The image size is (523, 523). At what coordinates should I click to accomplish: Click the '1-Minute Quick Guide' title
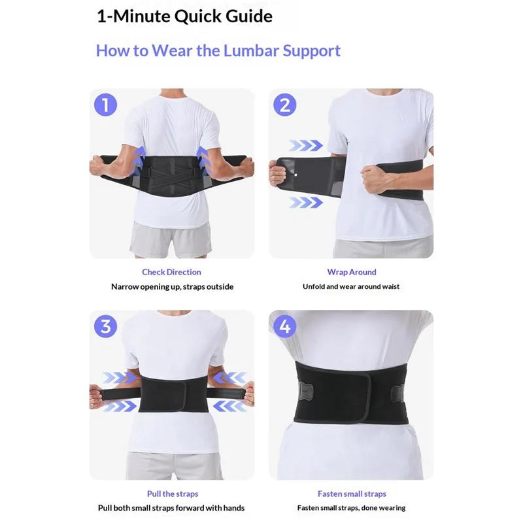pyautogui.click(x=184, y=16)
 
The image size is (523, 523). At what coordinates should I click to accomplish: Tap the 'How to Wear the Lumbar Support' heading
pyautogui.click(x=218, y=50)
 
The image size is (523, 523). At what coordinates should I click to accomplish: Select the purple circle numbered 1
pyautogui.click(x=106, y=105)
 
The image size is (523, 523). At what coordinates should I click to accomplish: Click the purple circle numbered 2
pyautogui.click(x=285, y=105)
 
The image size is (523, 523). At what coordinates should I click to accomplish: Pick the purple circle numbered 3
pyautogui.click(x=106, y=326)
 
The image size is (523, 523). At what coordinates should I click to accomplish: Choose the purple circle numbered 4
pyautogui.click(x=285, y=326)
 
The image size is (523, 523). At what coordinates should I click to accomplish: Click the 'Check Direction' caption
pyautogui.click(x=171, y=272)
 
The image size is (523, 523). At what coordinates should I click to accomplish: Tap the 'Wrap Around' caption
pyautogui.click(x=352, y=272)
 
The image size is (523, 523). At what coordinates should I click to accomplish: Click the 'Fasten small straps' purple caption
pyautogui.click(x=352, y=494)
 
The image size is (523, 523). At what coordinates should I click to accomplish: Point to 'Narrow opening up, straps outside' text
pyautogui.click(x=171, y=286)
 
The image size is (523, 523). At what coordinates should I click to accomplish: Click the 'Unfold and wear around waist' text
pyautogui.click(x=351, y=286)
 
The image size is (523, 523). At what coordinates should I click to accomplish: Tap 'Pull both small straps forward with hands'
pyautogui.click(x=171, y=508)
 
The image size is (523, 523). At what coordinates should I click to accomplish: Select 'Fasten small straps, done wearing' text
pyautogui.click(x=351, y=508)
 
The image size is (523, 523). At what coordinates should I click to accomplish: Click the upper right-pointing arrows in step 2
pyautogui.click(x=306, y=145)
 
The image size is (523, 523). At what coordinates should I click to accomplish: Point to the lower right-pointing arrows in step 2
pyautogui.click(x=306, y=203)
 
